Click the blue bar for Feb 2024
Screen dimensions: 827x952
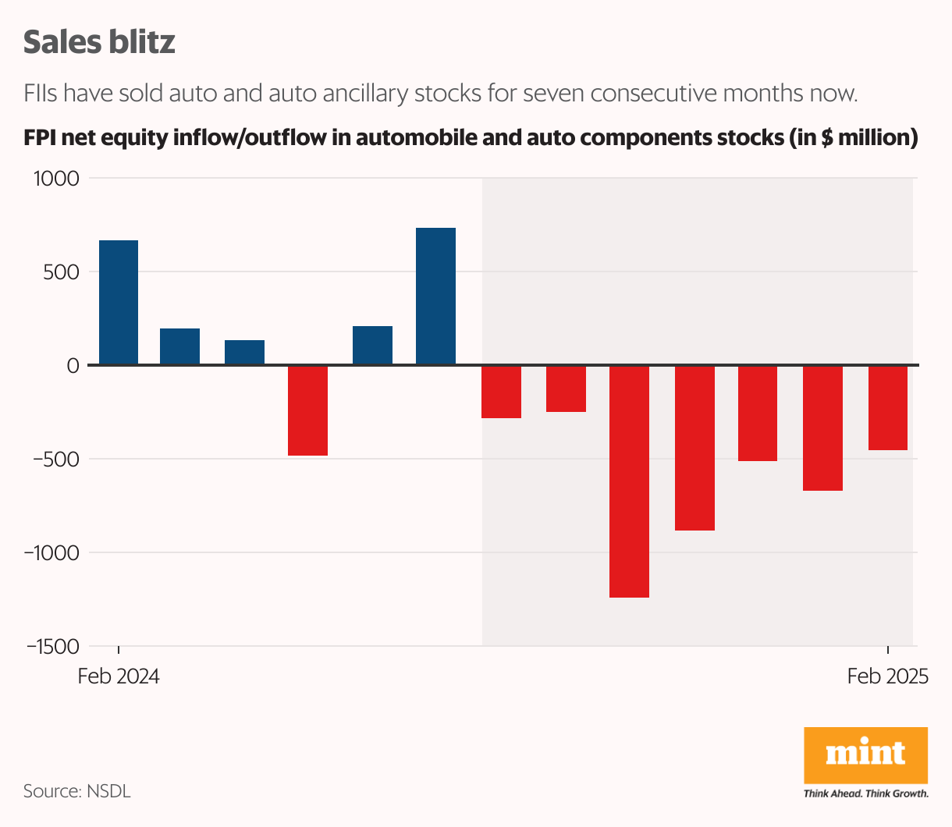pyautogui.click(x=119, y=303)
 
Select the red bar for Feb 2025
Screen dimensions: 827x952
pyautogui.click(x=888, y=407)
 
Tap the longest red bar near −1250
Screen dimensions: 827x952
pyautogui.click(x=629, y=481)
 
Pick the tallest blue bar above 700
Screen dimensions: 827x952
pyautogui.click(x=435, y=296)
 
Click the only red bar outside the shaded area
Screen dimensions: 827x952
pyautogui.click(x=307, y=410)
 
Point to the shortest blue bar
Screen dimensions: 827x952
pyautogui.click(x=244, y=353)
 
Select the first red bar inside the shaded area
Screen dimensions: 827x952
pyautogui.click(x=501, y=392)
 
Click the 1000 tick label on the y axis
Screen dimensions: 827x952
pyautogui.click(x=56, y=179)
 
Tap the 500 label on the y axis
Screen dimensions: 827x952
pyautogui.click(x=62, y=272)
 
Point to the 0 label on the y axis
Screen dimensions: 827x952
pyautogui.click(x=73, y=366)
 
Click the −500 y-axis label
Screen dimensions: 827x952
pyautogui.click(x=56, y=460)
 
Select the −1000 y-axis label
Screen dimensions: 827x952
pyautogui.click(x=52, y=553)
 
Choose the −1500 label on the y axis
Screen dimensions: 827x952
pyautogui.click(x=52, y=647)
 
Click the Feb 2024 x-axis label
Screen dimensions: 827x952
pyautogui.click(x=119, y=676)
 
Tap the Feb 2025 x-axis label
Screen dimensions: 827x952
pyautogui.click(x=888, y=676)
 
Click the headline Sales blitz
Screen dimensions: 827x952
pyautogui.click(x=99, y=42)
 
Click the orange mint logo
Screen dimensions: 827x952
pyautogui.click(x=865, y=754)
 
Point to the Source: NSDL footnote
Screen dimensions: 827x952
pyautogui.click(x=76, y=791)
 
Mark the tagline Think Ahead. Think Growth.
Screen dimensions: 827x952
pyautogui.click(x=866, y=794)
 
